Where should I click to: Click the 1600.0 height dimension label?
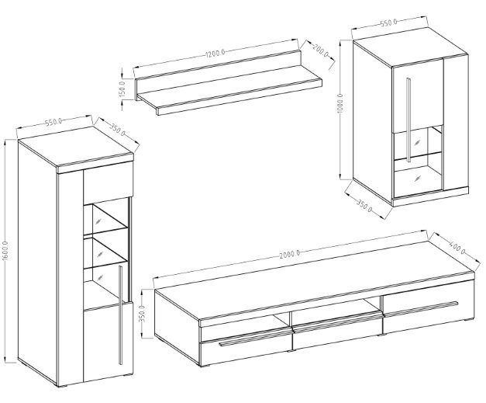(x=7, y=251)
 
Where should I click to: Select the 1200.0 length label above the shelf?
(x=215, y=53)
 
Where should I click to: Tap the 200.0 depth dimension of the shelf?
(x=320, y=50)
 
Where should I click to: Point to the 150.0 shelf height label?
(x=122, y=89)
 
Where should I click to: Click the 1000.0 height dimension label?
(x=340, y=104)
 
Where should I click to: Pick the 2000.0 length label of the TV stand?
(x=289, y=254)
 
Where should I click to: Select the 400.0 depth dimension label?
(x=457, y=247)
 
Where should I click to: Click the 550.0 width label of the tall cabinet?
(x=54, y=122)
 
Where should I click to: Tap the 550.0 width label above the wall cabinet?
(x=388, y=23)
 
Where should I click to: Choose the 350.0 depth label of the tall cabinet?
(x=117, y=129)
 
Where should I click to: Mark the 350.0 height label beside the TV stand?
(x=143, y=313)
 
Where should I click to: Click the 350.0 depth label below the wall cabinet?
(x=364, y=206)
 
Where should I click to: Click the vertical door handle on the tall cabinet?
(x=121, y=314)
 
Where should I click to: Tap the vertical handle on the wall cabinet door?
(x=408, y=120)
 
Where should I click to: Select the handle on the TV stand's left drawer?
(x=255, y=339)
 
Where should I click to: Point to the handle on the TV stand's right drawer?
(x=421, y=308)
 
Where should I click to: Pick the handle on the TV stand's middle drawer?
(x=336, y=321)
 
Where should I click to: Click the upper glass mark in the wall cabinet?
(x=418, y=143)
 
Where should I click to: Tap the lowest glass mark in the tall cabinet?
(x=99, y=277)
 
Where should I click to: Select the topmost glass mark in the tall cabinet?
(x=98, y=221)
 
